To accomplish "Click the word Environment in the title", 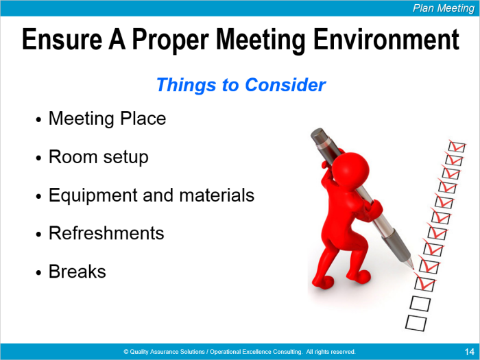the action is point(386,39).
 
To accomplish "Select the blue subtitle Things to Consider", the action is point(241,85).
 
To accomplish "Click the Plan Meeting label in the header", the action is point(444,8).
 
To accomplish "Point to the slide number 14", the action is point(469,351).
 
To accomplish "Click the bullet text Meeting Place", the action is point(107,119).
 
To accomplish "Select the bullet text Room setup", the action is point(99,157).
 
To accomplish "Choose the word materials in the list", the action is point(217,195).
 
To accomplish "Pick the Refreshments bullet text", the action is point(106,233).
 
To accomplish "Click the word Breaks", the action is point(77,272).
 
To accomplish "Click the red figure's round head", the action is point(350,169).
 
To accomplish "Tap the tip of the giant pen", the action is point(413,268).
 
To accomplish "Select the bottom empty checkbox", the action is point(416,323).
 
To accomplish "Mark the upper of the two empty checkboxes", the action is point(420,303).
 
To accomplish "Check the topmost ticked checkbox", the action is point(457,146).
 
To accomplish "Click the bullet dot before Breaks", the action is point(38,272).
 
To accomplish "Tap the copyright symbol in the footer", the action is point(125,351).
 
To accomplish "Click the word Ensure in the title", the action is point(62,39).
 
